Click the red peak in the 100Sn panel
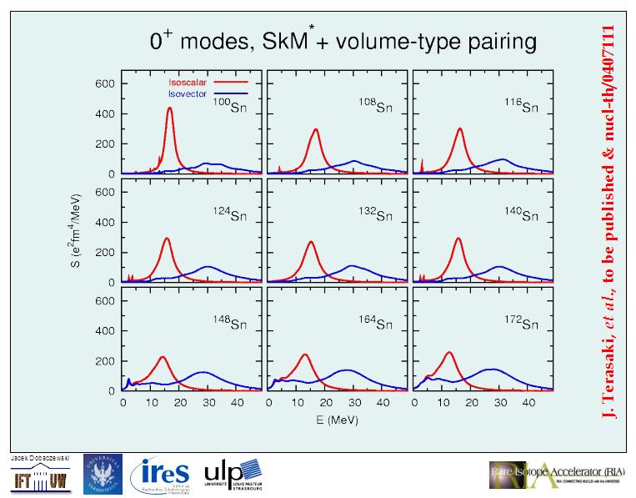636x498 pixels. pyautogui.click(x=170, y=109)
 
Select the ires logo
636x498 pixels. pyautogui.click(x=162, y=475)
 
